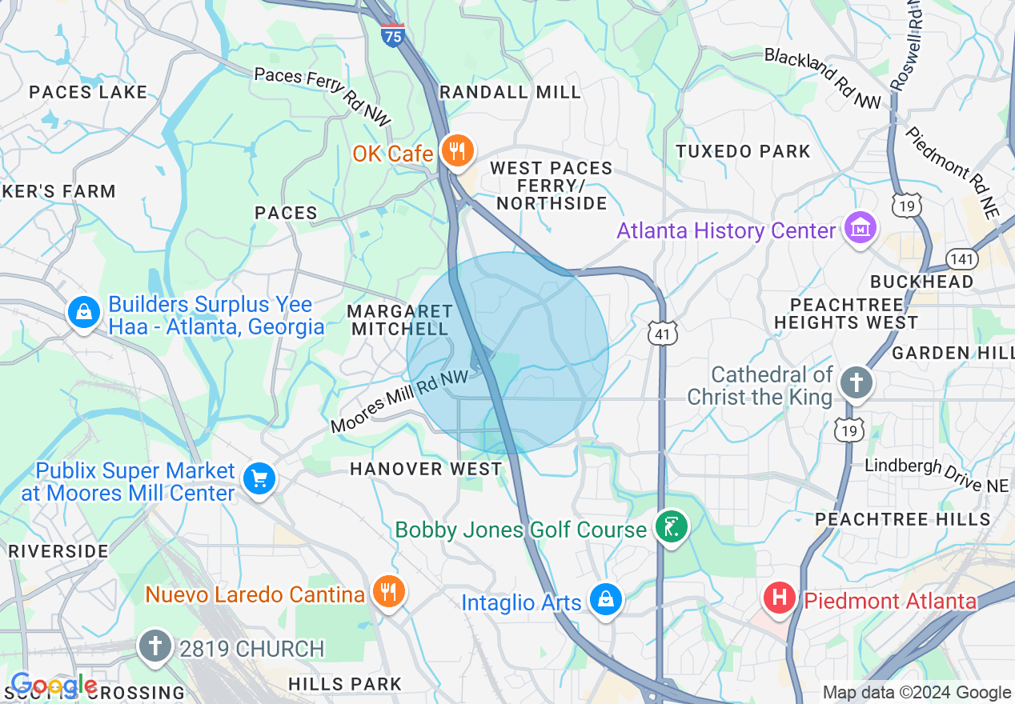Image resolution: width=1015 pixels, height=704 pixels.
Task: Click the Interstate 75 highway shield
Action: [x=392, y=35]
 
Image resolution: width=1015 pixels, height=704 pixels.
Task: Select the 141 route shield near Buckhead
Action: [x=961, y=258]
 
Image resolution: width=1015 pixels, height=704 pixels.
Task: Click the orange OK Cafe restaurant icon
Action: [x=457, y=151]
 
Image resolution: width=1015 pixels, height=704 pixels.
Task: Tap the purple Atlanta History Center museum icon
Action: [x=860, y=230]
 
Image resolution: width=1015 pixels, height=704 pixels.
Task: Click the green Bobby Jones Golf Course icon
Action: [x=670, y=528]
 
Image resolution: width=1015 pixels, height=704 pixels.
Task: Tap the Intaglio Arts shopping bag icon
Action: [x=606, y=600]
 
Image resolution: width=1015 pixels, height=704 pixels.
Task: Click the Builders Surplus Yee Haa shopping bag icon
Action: [x=84, y=312]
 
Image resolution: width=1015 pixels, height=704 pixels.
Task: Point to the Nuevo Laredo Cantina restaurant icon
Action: [x=390, y=593]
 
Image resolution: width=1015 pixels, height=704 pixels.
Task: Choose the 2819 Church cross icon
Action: [x=154, y=647]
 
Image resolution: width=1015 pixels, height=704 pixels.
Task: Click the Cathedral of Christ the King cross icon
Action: [x=856, y=384]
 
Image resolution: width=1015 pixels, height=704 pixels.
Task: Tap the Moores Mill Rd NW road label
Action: [x=400, y=402]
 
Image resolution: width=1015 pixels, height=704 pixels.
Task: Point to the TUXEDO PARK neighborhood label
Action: [x=743, y=151]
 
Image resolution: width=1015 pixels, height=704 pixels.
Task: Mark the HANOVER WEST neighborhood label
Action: [x=426, y=469]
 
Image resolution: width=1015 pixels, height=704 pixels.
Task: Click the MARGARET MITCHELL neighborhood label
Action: [x=399, y=319]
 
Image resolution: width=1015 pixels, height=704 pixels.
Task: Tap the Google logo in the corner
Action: [x=53, y=686]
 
